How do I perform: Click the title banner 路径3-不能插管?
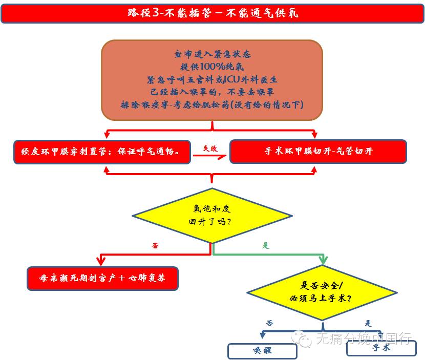[212, 13]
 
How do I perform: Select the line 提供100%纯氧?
[212, 67]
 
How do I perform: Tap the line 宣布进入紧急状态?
[212, 54]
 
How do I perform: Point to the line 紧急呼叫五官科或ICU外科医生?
[212, 79]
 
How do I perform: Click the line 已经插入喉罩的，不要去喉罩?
[212, 92]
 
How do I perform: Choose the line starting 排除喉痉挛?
[212, 105]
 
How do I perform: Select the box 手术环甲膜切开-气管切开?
[318, 152]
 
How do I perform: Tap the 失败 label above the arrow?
[210, 149]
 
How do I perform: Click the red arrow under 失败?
[210, 157]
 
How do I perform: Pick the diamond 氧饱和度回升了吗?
[212, 216]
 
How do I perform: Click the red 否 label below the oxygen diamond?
[155, 246]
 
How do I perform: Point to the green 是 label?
[266, 246]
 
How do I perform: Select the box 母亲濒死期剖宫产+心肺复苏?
[102, 279]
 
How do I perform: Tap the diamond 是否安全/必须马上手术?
[322, 292]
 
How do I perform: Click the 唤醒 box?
[262, 351]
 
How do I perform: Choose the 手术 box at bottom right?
[381, 348]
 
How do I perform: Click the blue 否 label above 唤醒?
[269, 323]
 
